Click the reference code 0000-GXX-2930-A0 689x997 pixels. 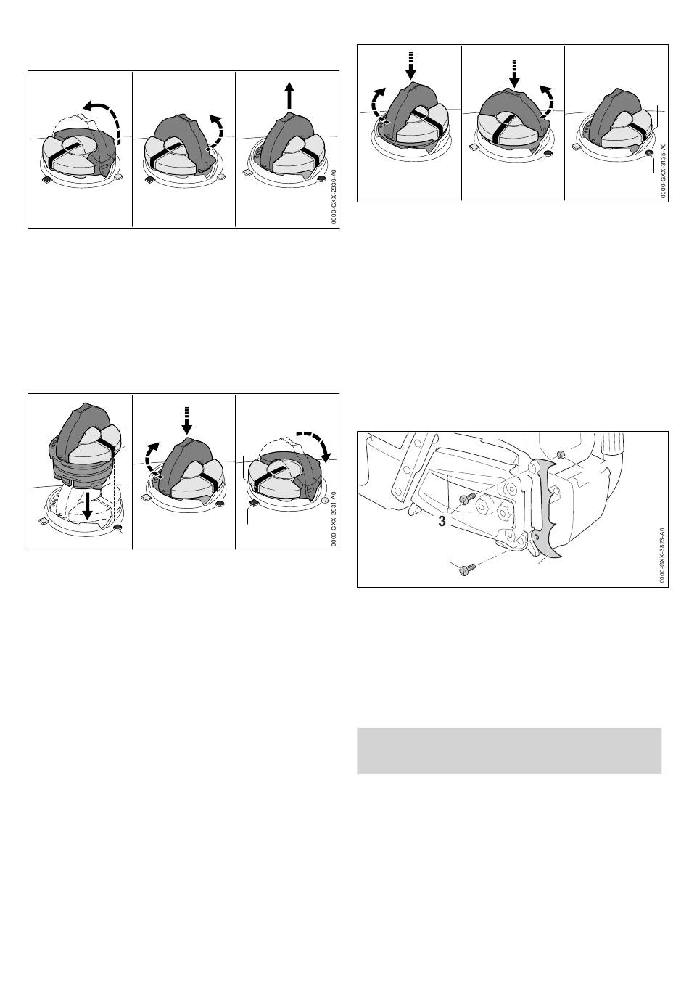pos(334,196)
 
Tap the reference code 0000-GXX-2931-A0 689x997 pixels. pos(334,519)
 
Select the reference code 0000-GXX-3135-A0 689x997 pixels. pos(663,171)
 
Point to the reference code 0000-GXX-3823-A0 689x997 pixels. pos(663,556)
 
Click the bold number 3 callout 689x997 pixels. pos(442,521)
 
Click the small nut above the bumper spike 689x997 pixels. pos(561,454)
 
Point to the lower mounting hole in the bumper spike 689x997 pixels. pos(537,538)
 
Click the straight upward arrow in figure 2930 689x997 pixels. pos(289,95)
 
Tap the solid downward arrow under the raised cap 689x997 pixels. pos(88,506)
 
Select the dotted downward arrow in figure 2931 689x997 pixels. pos(187,420)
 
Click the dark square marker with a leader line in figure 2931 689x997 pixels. pos(252,503)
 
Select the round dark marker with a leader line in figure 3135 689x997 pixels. pos(651,154)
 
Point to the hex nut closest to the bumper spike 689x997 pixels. pos(504,512)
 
